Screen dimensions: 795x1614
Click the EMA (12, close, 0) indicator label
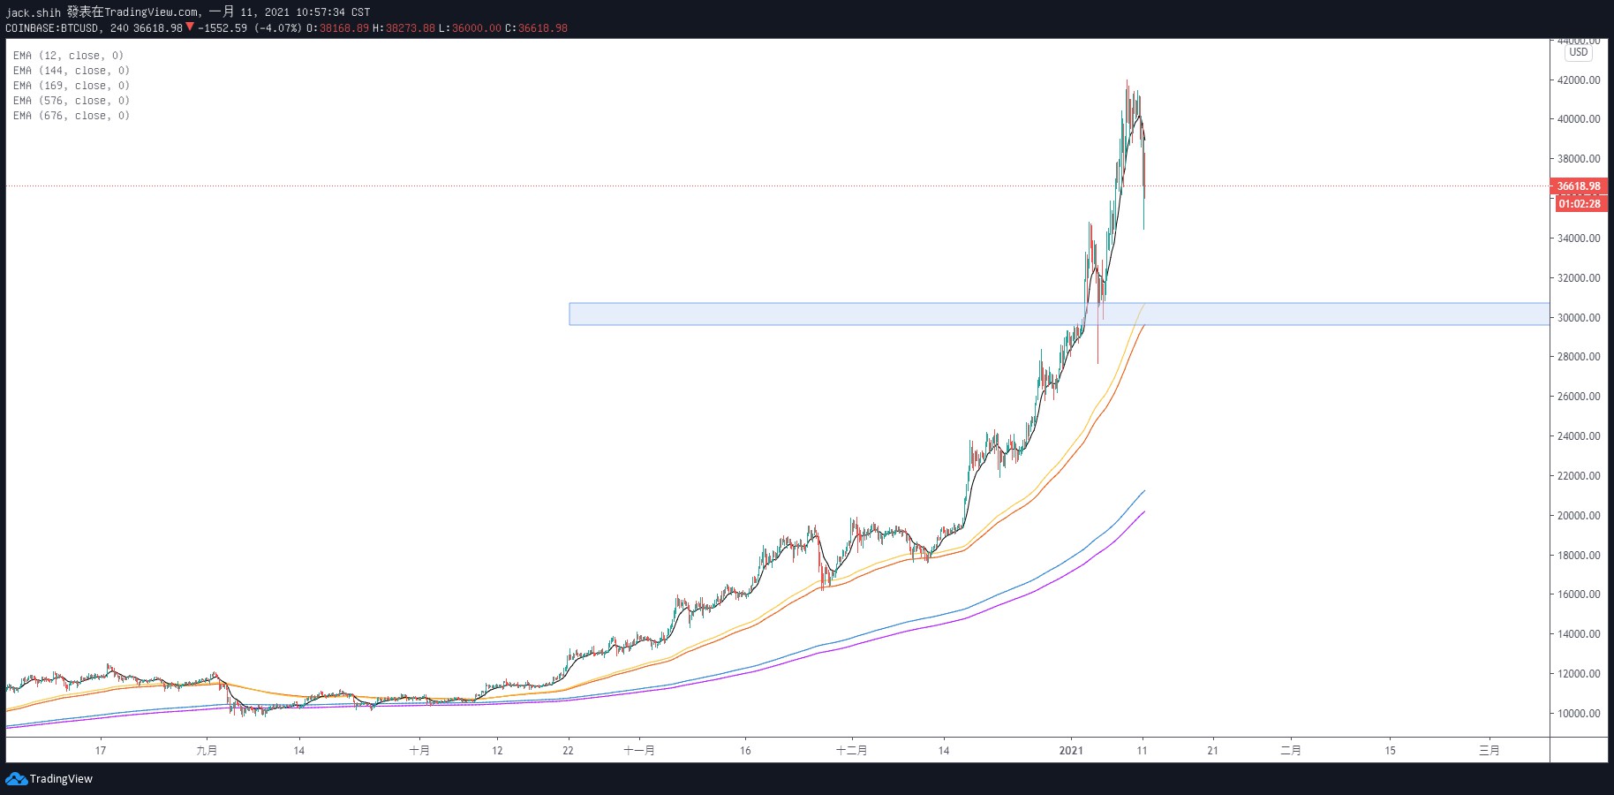click(x=68, y=56)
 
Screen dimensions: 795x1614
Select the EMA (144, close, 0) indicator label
click(x=71, y=71)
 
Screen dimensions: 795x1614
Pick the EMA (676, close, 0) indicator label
click(x=71, y=116)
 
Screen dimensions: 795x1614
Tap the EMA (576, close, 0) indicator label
click(x=71, y=101)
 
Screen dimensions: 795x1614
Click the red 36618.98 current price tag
click(x=1579, y=186)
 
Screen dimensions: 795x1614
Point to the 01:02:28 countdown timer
click(x=1579, y=204)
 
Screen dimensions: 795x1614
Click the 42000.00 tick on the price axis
click(x=1579, y=80)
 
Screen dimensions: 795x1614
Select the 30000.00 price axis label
click(x=1579, y=318)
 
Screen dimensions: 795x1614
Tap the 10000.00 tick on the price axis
click(x=1579, y=714)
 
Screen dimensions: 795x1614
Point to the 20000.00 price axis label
click(x=1579, y=516)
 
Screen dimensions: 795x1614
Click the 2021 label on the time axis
click(x=1071, y=751)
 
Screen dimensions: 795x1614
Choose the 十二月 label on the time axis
click(x=851, y=751)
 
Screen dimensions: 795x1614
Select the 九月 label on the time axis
click(x=207, y=751)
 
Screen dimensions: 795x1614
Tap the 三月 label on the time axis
click(x=1489, y=751)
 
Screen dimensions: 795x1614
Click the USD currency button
click(x=1578, y=52)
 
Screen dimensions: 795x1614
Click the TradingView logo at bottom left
click(x=49, y=779)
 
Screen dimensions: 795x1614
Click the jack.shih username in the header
click(x=34, y=12)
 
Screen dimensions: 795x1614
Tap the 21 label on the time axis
click(x=1212, y=751)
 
